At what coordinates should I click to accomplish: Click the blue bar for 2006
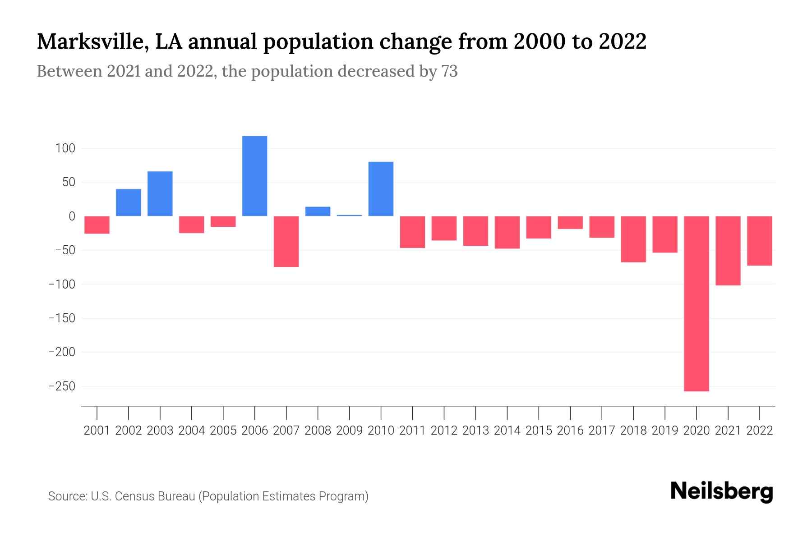pos(254,176)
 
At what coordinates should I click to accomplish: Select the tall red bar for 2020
pos(696,303)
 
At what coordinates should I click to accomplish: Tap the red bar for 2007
pos(286,242)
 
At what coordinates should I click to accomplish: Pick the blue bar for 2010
pos(381,189)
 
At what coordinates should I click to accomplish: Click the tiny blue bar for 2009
pos(349,215)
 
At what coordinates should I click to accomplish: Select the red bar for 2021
pos(728,251)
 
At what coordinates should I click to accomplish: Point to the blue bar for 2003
pos(160,194)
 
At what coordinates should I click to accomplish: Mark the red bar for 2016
pos(570,223)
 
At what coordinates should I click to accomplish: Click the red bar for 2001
pos(97,225)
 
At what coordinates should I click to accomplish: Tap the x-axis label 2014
pos(507,431)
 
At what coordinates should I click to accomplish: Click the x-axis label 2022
pos(760,431)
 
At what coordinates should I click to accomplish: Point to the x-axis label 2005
pos(223,431)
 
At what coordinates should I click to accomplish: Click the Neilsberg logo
pos(721,492)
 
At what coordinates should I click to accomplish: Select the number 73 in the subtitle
pos(449,71)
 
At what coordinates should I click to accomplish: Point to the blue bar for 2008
pos(318,211)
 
